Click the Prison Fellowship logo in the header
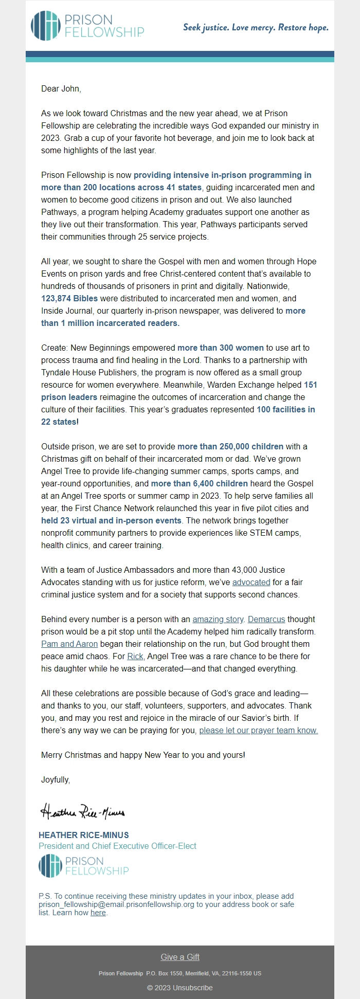coord(87,26)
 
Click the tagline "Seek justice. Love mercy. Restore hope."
coord(256,27)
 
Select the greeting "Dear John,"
coord(61,88)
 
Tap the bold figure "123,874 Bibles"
coord(69,298)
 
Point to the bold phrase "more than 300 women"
coord(220,348)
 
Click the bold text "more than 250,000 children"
coord(230,446)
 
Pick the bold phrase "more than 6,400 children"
coord(199,483)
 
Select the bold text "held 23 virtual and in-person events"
coord(111,520)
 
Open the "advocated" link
coord(251,582)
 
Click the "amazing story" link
coord(218,619)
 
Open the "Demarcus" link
coord(266,619)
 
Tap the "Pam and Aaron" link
coord(69,644)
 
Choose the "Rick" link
coord(135,656)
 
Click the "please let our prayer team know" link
coord(258,730)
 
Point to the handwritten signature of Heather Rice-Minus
coord(82,812)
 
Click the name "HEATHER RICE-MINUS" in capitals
coord(84,835)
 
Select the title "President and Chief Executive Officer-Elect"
coord(117,846)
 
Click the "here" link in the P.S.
coord(98,913)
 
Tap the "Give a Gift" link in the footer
coord(180,957)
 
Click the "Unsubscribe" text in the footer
coord(192,987)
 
